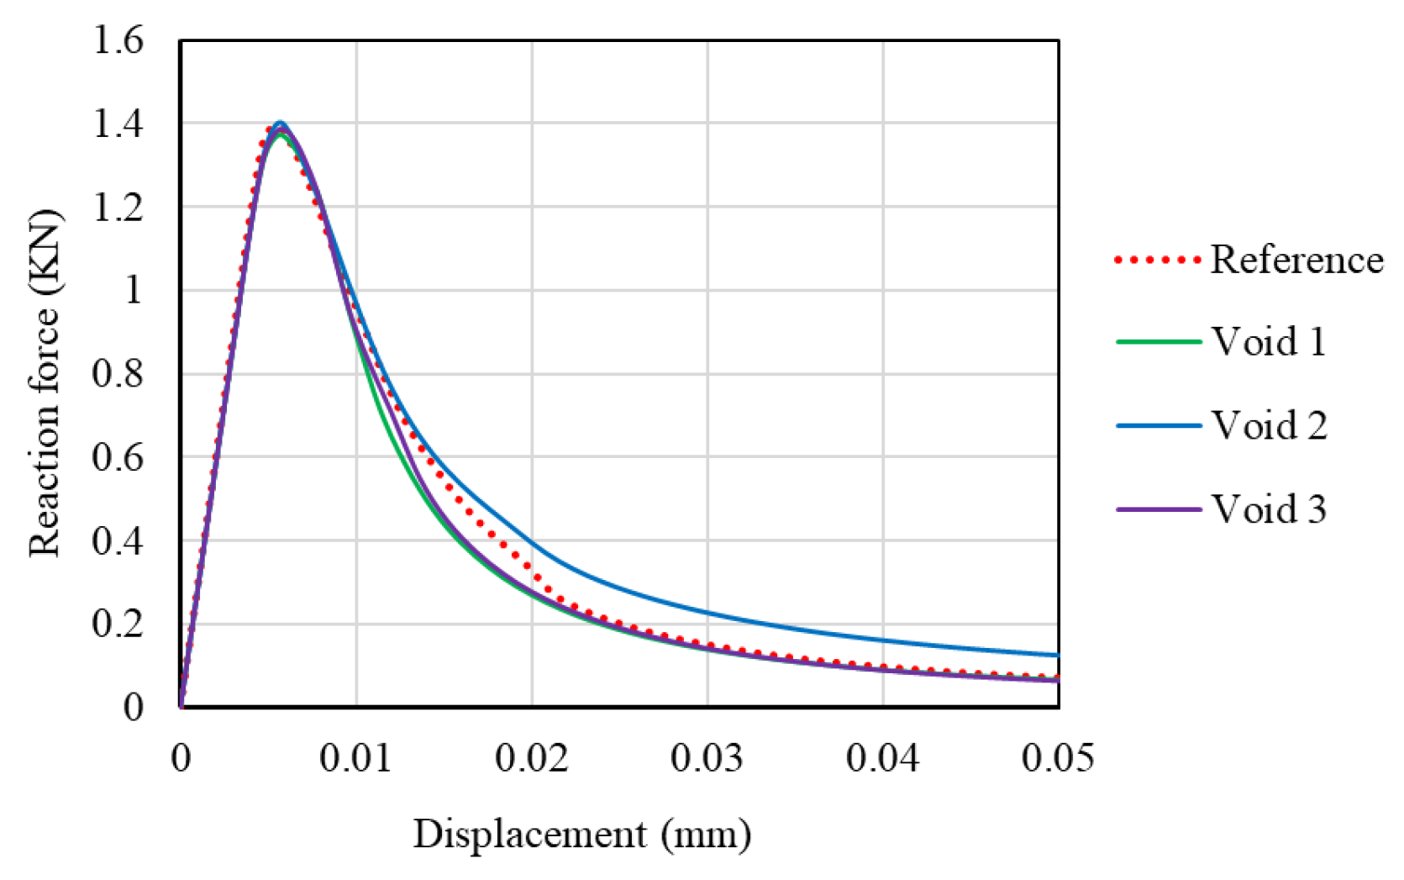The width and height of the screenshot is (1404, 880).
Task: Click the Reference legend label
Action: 1296,260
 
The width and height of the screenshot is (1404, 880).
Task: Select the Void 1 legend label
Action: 1268,341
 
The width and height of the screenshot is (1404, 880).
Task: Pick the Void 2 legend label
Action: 1269,425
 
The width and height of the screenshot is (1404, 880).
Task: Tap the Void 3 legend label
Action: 1269,509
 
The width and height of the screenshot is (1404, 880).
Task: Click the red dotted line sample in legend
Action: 1158,261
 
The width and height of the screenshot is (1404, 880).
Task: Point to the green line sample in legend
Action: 1158,342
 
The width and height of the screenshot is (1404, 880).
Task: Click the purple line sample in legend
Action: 1158,509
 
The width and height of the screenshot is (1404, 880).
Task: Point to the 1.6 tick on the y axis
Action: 118,40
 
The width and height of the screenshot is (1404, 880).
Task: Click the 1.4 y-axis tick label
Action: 118,124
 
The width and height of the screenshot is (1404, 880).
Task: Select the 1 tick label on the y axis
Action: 133,291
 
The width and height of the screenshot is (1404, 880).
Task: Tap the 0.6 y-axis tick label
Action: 118,457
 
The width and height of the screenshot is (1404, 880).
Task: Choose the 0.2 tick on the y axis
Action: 118,624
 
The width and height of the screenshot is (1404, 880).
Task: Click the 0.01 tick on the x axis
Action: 355,758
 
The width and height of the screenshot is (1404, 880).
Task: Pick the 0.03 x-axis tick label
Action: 707,758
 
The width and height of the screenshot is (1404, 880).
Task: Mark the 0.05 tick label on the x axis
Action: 1058,758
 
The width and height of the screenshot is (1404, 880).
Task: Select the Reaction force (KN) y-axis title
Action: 45,382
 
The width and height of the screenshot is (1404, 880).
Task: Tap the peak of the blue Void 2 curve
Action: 281,123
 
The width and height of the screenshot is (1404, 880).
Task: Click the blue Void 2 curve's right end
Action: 1057,655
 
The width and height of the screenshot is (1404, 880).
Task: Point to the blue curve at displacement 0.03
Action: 707,613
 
